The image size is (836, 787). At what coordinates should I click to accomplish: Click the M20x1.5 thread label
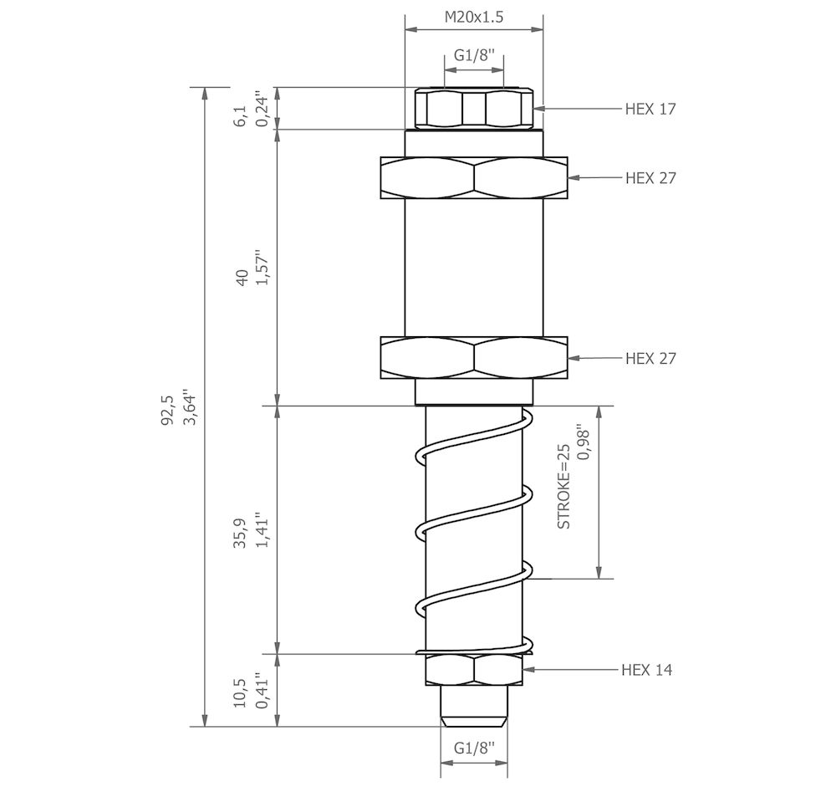(473, 16)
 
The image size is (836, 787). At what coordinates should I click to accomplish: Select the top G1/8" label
(474, 56)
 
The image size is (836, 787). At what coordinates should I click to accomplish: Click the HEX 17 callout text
(650, 109)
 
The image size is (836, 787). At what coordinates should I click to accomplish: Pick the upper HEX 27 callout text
(650, 178)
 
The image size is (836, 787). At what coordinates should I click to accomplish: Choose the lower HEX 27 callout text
(650, 358)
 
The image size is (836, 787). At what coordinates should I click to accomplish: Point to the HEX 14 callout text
(646, 670)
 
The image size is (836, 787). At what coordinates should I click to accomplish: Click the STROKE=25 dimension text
(564, 486)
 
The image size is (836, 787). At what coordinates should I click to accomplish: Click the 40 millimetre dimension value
(242, 279)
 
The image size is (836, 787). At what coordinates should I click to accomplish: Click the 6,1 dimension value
(241, 115)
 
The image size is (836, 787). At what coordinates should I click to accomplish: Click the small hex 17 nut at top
(474, 107)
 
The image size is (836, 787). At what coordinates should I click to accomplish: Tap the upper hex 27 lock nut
(474, 177)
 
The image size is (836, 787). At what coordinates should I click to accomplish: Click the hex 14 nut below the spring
(474, 669)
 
